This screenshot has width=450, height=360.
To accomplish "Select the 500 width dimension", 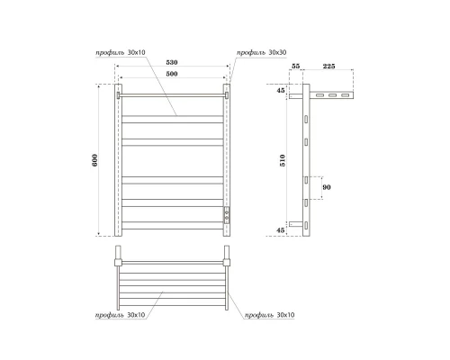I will pyautogui.click(x=172, y=76).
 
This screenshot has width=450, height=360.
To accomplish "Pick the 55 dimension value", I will pyautogui.click(x=297, y=67).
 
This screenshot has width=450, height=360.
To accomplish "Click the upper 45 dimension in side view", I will pyautogui.click(x=281, y=91).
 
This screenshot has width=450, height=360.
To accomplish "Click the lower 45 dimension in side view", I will pyautogui.click(x=281, y=229).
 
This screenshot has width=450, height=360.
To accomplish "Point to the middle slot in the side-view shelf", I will pyautogui.click(x=331, y=95).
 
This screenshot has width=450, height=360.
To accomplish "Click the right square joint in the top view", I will pyautogui.click(x=228, y=261).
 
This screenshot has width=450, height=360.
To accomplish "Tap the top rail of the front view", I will pyautogui.click(x=172, y=93).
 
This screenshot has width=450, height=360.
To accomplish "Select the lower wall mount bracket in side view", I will pyautogui.click(x=297, y=222).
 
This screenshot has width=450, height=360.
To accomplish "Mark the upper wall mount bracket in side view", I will pyautogui.click(x=297, y=96).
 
